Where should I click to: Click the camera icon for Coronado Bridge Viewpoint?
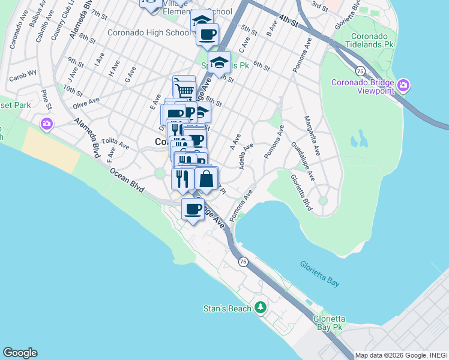pos(403,86)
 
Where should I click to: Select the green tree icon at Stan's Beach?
pos(260,308)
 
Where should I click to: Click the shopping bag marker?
pos(206,179)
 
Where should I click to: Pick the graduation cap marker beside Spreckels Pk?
pos(220,62)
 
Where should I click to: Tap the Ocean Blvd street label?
pos(127,179)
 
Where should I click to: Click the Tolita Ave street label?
pos(115,144)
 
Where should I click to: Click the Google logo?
pos(20,353)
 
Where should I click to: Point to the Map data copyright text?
pos(400,355)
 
